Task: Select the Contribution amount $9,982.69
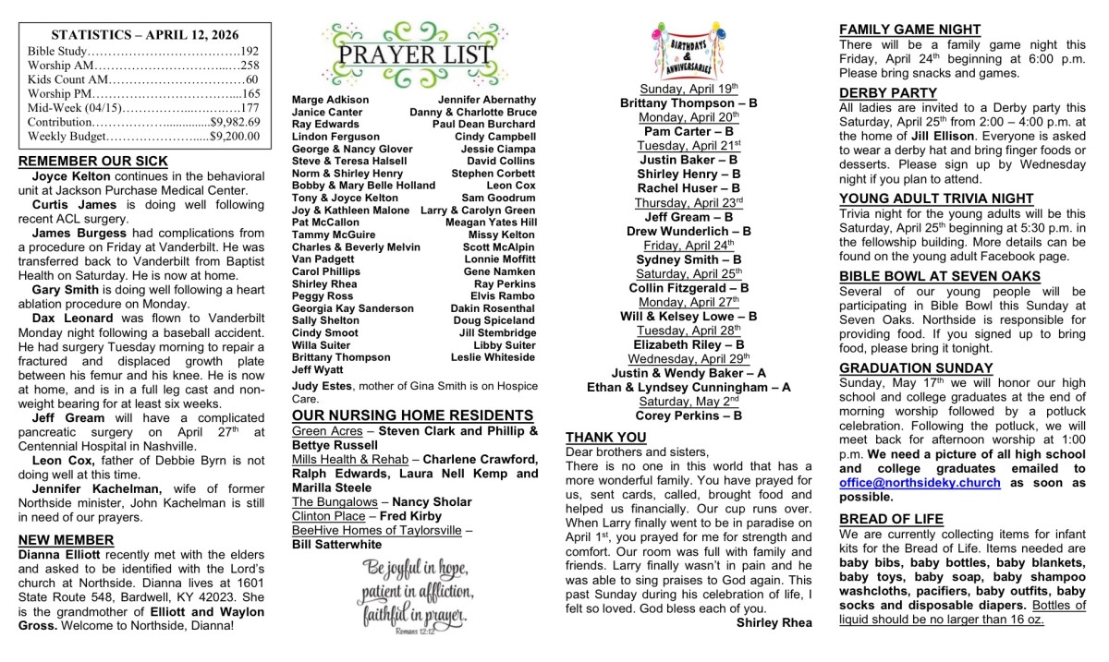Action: [x=236, y=121]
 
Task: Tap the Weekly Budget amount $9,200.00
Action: [x=236, y=136]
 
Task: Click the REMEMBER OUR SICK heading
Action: [x=93, y=162]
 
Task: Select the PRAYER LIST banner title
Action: [x=414, y=54]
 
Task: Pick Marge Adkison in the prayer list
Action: [x=330, y=100]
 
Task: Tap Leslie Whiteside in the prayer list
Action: [x=493, y=357]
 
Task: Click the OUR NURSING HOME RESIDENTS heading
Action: [x=412, y=415]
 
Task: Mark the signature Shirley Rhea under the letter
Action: [x=774, y=622]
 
